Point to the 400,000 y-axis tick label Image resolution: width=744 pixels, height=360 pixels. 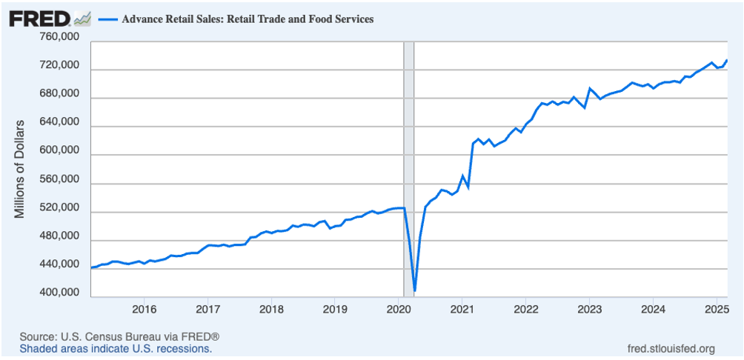point(59,293)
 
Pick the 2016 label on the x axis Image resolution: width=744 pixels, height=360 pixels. point(144,308)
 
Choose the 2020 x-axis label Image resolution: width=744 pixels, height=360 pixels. point(399,308)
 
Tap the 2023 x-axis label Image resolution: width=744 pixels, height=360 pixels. point(589,308)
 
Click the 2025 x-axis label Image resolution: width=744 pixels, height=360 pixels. point(717,308)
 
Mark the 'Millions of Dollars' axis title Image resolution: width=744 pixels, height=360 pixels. point(21,168)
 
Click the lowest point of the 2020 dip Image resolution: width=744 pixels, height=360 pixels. point(415,290)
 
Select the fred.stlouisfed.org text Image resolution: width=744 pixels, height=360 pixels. point(671,348)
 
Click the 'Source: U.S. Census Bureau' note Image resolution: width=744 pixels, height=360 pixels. point(119,336)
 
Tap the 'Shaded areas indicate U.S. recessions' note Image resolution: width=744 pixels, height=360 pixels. point(116,348)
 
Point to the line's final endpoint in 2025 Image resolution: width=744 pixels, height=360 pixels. point(727,60)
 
